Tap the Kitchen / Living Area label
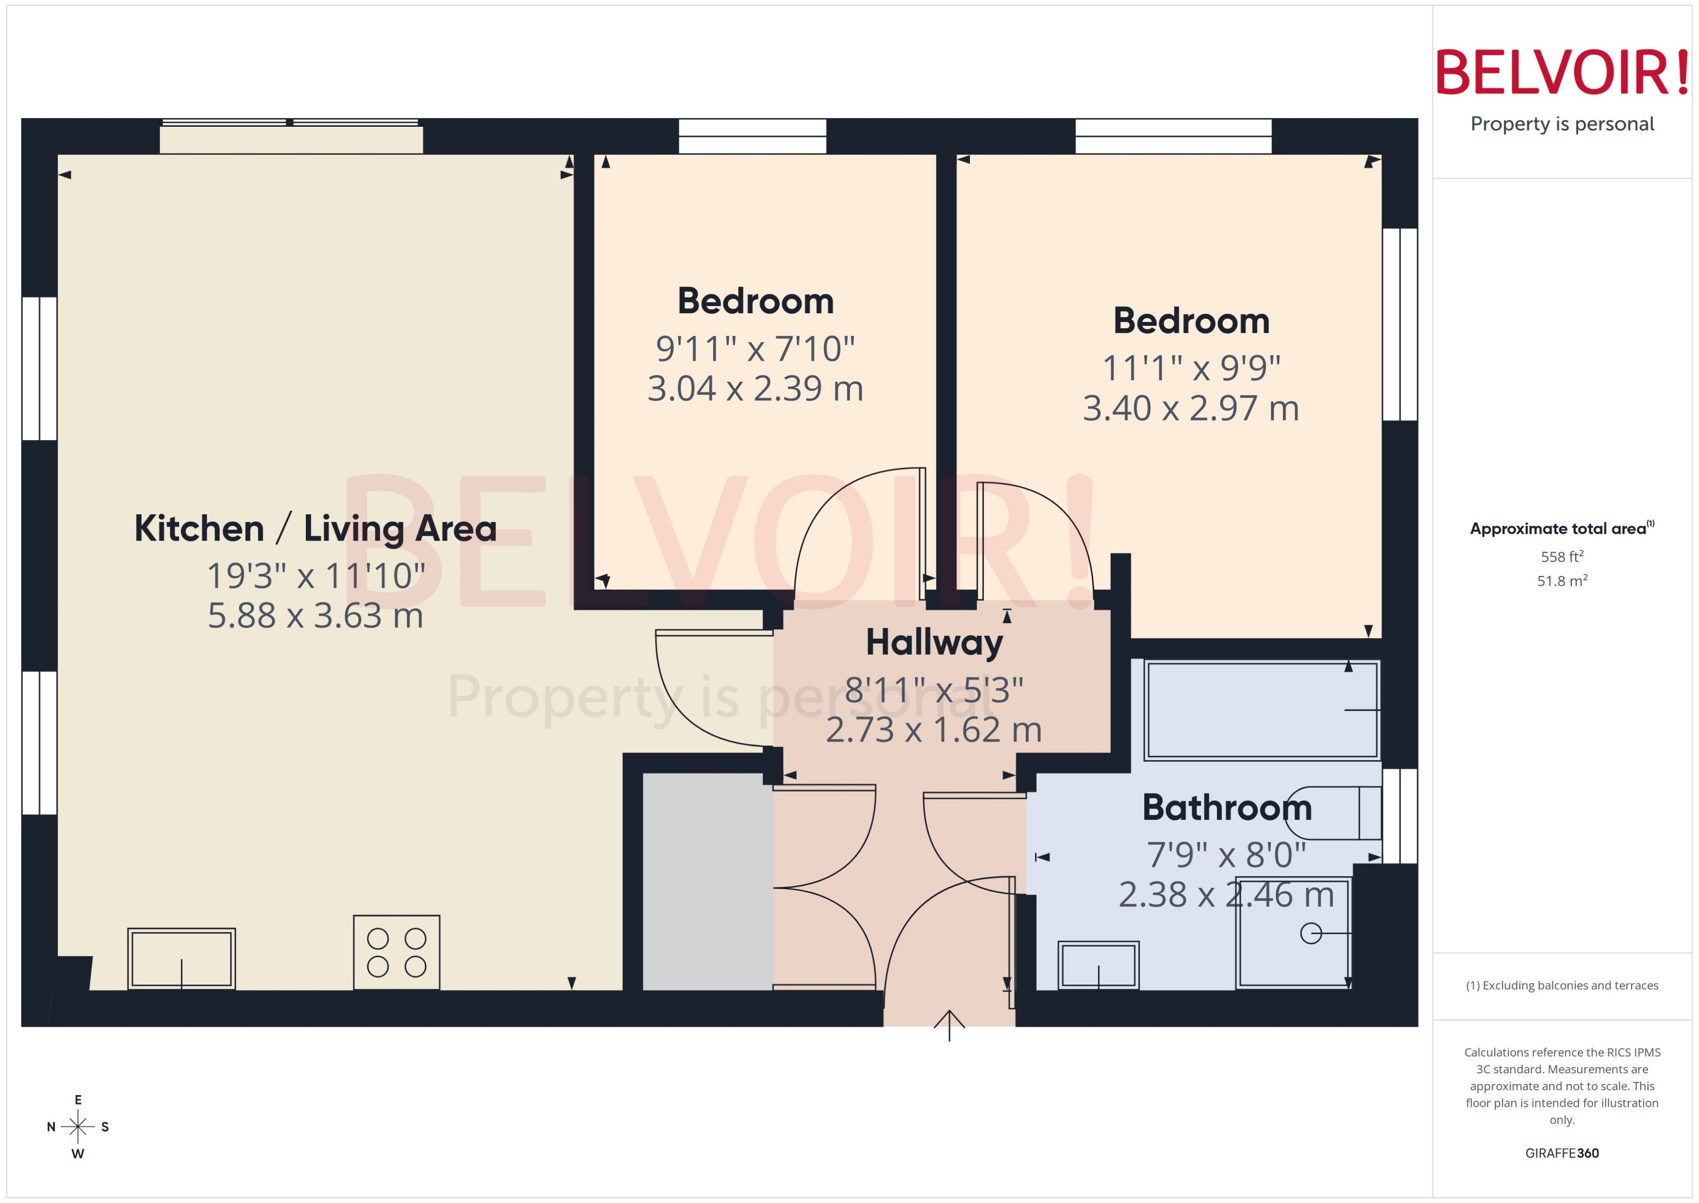pyautogui.click(x=316, y=528)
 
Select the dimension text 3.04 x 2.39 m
pyautogui.click(x=755, y=388)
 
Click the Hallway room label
pyautogui.click(x=934, y=642)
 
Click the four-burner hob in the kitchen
pyautogui.click(x=396, y=952)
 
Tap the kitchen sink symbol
pyautogui.click(x=182, y=959)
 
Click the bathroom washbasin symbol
pyautogui.click(x=1098, y=965)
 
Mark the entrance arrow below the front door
pyautogui.click(x=949, y=1025)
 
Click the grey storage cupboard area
pyautogui.click(x=707, y=881)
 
